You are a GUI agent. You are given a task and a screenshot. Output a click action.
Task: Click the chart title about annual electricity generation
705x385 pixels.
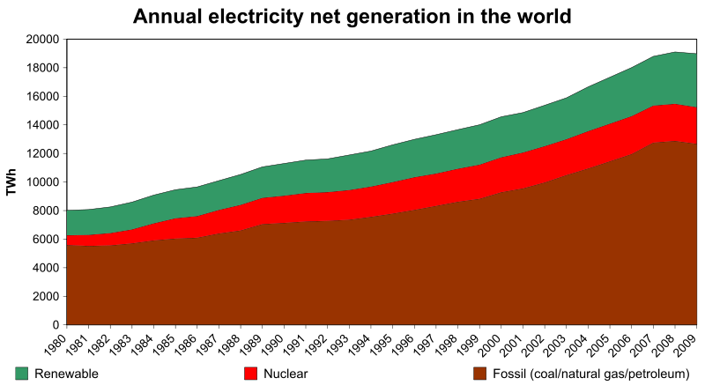[352, 16]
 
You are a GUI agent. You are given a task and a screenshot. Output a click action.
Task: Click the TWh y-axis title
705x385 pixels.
[11, 181]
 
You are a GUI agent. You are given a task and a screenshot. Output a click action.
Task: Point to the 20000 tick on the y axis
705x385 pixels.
[42, 40]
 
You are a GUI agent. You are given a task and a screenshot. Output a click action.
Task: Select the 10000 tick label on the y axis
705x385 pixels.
[42, 182]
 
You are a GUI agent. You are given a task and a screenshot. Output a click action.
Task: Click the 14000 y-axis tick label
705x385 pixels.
[42, 125]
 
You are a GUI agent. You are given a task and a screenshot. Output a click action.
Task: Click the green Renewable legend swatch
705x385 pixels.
[22, 374]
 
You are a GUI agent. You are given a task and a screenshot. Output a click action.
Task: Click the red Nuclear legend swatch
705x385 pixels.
[250, 374]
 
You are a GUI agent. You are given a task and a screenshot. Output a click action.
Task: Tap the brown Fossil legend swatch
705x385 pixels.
[479, 374]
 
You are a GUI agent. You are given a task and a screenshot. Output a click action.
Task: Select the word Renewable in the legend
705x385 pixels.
[67, 374]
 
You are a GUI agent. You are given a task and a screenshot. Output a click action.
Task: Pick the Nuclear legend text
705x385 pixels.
[286, 374]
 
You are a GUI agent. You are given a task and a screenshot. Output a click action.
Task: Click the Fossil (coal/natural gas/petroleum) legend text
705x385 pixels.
[590, 374]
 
